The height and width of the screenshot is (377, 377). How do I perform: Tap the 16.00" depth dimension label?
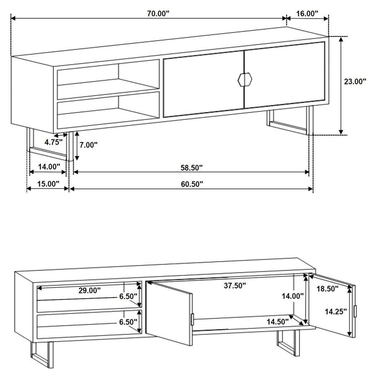(x=307, y=13)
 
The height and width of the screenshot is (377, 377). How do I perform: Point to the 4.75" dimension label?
(x=54, y=142)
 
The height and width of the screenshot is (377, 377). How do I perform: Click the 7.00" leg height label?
(x=88, y=145)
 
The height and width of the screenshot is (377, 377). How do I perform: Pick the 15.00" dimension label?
(x=48, y=183)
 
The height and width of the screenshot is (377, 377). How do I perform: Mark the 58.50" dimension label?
(x=191, y=168)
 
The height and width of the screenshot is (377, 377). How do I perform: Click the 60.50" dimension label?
(x=191, y=183)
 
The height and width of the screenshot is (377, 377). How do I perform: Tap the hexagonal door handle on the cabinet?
(x=244, y=79)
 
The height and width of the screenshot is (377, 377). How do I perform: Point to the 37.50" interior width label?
(x=234, y=286)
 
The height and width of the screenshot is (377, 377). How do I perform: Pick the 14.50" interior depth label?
(x=277, y=322)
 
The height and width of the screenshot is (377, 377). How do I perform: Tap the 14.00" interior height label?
(x=292, y=296)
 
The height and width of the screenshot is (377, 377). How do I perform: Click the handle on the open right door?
(x=355, y=311)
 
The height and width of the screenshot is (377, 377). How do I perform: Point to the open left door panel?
(x=172, y=312)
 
